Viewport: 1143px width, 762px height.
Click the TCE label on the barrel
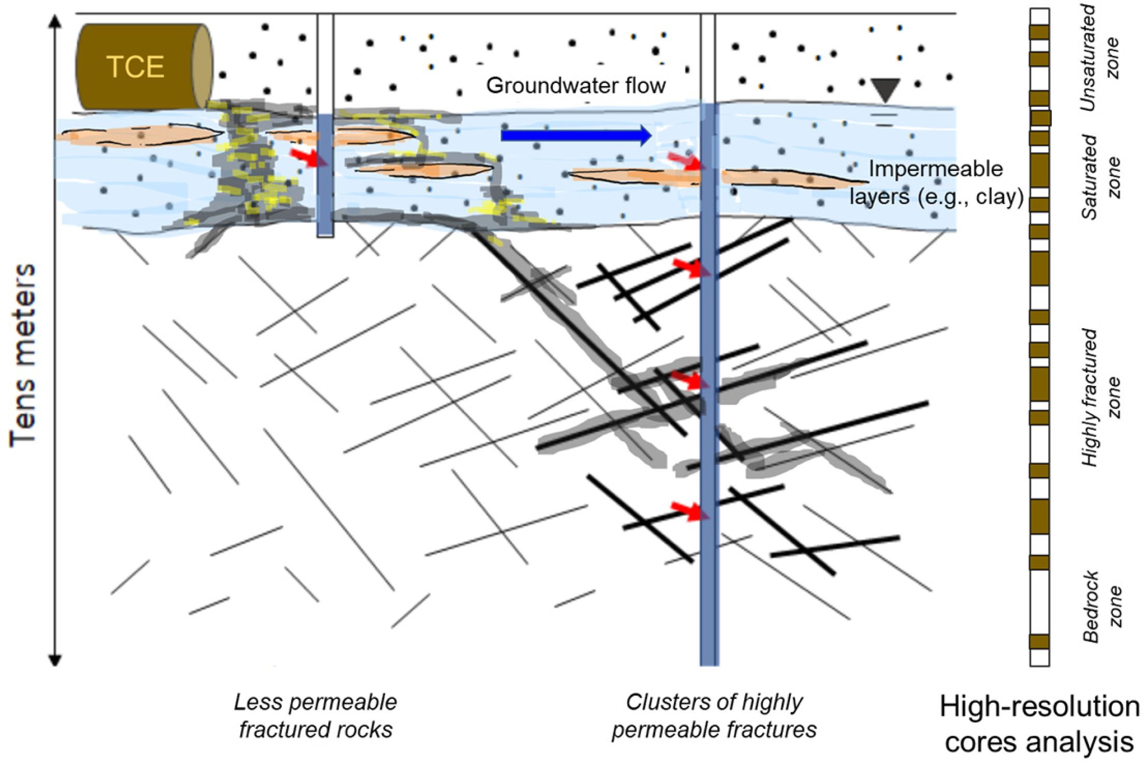pyautogui.click(x=135, y=67)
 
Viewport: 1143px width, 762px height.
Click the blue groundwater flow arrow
pyautogui.click(x=575, y=135)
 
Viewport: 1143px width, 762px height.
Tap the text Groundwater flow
pyautogui.click(x=575, y=86)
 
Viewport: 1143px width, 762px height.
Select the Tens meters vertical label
pyautogui.click(x=23, y=356)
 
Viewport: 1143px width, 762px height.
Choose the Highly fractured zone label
pyautogui.click(x=1100, y=397)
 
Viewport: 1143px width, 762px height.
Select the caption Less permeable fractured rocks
pyautogui.click(x=316, y=716)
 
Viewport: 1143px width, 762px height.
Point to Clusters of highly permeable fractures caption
pyautogui.click(x=714, y=716)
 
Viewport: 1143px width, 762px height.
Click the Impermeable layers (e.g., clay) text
pyautogui.click(x=936, y=183)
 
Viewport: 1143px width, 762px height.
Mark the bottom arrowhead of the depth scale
pyautogui.click(x=55, y=660)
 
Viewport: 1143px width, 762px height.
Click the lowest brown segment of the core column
pyautogui.click(x=1039, y=642)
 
